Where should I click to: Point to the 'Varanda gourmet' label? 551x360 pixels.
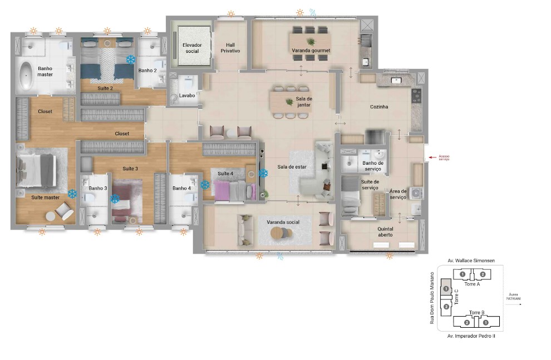(x=311, y=51)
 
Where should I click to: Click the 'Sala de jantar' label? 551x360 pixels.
(x=303, y=101)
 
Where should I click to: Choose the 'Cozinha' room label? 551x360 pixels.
(x=379, y=107)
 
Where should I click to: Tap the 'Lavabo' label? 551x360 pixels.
(x=187, y=95)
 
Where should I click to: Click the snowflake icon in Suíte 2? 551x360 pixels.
(x=131, y=59)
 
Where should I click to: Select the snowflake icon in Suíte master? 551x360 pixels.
(x=72, y=194)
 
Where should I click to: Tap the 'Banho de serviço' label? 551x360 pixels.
(x=372, y=166)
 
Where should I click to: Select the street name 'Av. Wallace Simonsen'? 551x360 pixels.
(x=471, y=260)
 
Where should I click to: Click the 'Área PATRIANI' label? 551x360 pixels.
(x=513, y=297)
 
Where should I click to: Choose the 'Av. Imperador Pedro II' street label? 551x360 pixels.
(x=471, y=336)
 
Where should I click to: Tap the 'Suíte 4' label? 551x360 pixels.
(x=225, y=174)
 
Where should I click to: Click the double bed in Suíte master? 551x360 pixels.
(x=37, y=170)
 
